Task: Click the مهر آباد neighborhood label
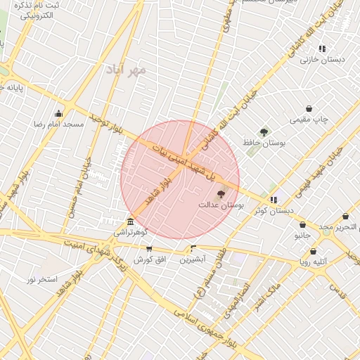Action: [126, 69]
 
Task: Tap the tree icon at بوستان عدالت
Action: [221, 193]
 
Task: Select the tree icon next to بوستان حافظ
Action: [264, 131]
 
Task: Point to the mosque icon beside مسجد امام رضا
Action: [58, 113]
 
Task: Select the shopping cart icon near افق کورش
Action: [148, 249]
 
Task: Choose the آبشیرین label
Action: [192, 259]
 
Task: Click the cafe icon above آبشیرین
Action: [193, 248]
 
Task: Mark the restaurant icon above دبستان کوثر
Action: [274, 200]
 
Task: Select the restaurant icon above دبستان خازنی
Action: [322, 49]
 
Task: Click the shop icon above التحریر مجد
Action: [345, 217]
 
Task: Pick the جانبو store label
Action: [302, 236]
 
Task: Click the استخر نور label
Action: [42, 279]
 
